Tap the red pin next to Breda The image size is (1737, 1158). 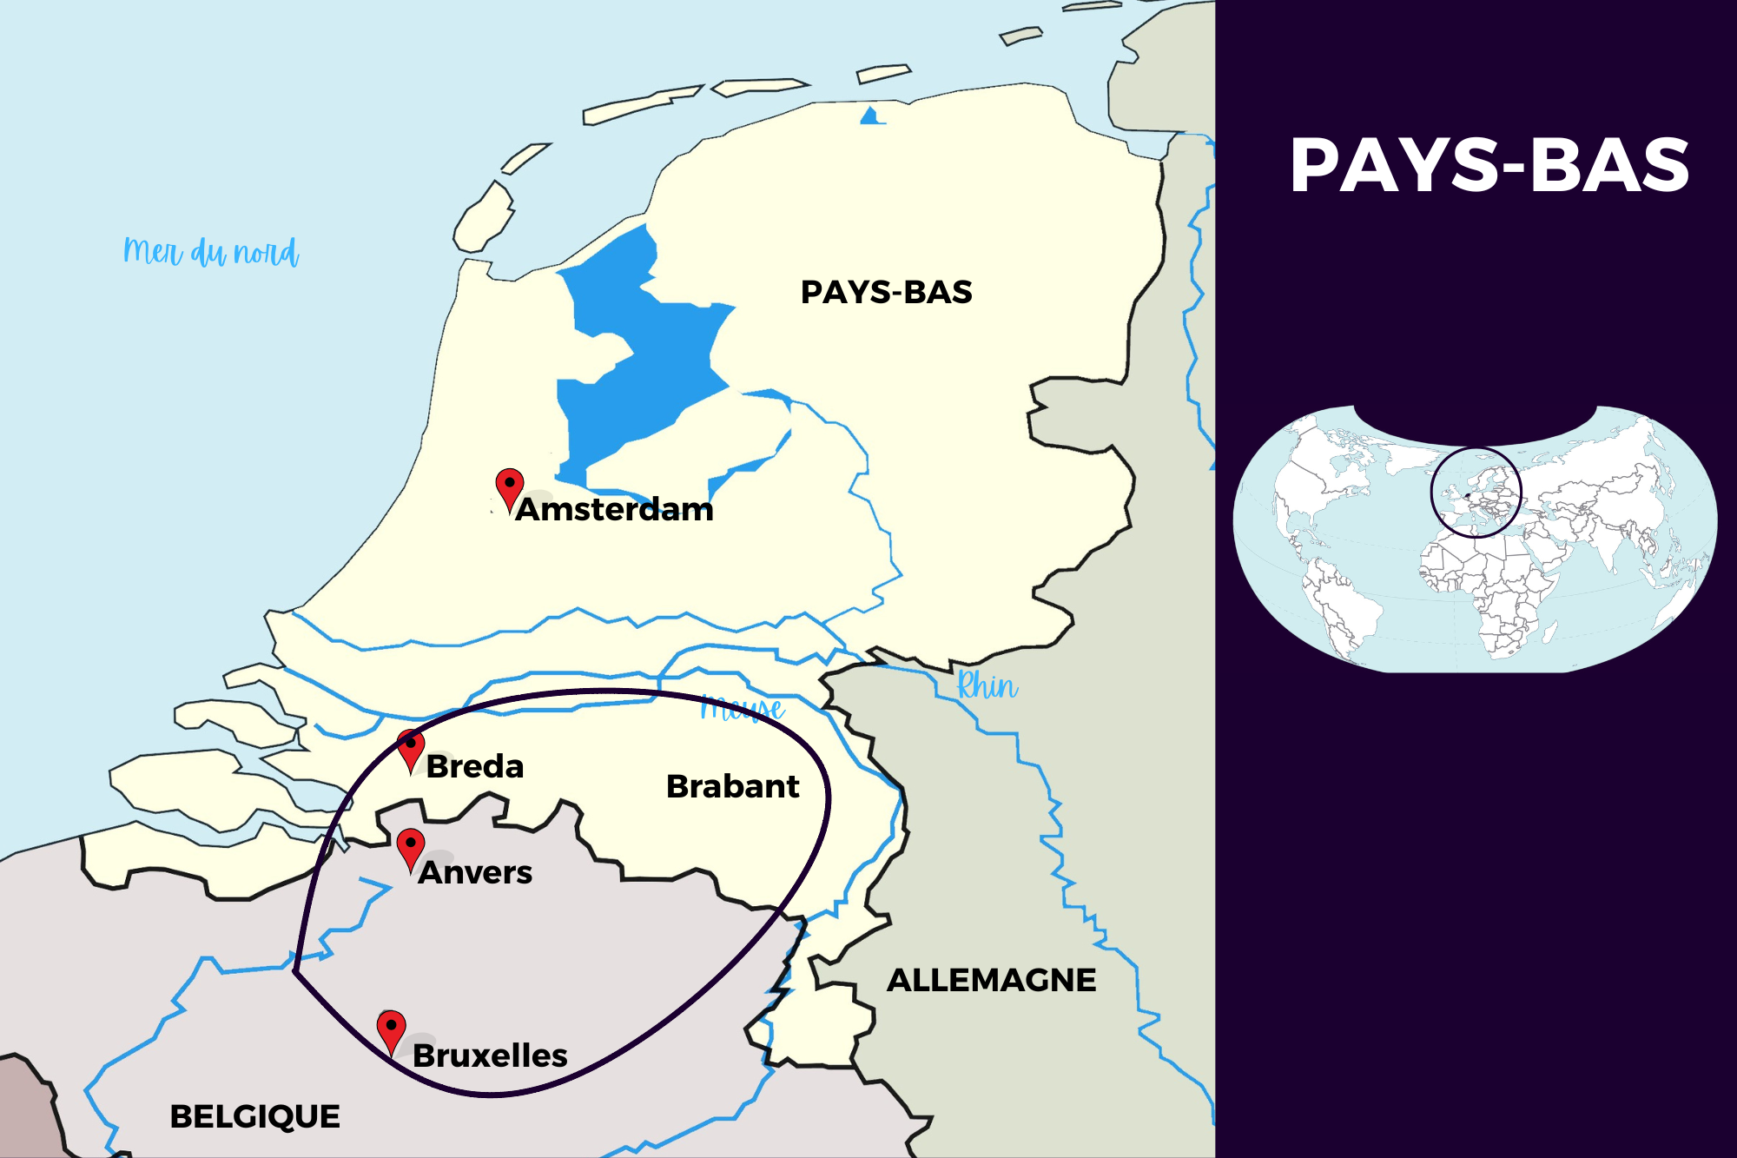(x=411, y=748)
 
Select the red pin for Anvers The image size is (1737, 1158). (x=411, y=847)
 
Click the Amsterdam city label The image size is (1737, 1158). (x=615, y=509)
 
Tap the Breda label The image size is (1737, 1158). (x=475, y=766)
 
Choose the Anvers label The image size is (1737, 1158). (x=475, y=872)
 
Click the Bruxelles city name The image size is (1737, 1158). (x=490, y=1055)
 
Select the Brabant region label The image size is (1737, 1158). (x=732, y=786)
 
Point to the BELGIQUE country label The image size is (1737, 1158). (x=254, y=1116)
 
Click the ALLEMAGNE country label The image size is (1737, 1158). (x=991, y=980)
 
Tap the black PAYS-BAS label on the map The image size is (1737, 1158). (x=886, y=292)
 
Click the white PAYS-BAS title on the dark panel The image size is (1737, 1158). (x=1489, y=165)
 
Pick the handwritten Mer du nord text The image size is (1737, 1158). (x=211, y=252)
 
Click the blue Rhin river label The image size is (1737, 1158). (x=987, y=686)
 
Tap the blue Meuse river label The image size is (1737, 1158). (x=743, y=709)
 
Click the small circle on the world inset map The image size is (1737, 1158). (x=1476, y=493)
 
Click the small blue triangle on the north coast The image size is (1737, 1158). (x=871, y=116)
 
